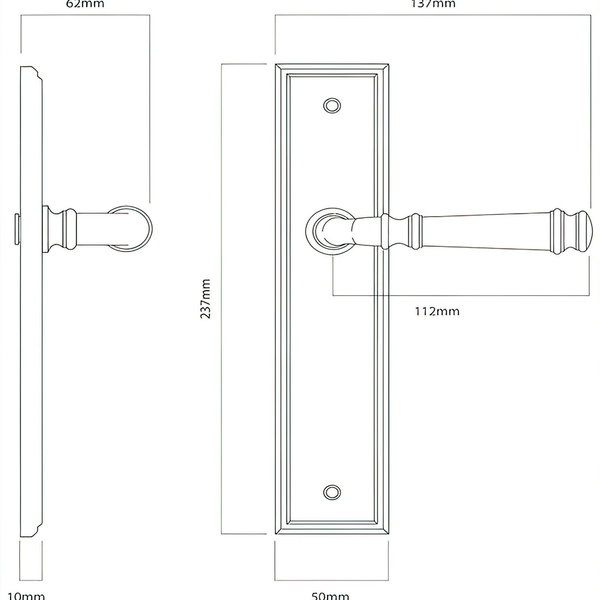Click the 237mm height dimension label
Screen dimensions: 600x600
205,299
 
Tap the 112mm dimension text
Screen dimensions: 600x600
437,311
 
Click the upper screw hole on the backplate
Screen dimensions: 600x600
332,106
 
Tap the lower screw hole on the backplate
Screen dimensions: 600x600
332,492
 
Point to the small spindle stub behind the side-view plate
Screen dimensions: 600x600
17,229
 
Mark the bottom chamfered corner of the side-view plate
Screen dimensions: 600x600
36,530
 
